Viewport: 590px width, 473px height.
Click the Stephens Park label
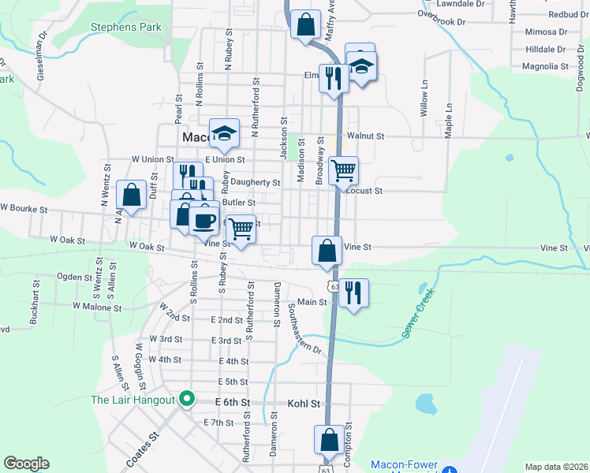click(x=126, y=27)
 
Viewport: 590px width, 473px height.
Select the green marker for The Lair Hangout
click(x=187, y=399)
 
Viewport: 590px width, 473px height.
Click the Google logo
click(x=26, y=464)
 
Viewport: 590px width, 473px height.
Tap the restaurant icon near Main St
click(x=353, y=292)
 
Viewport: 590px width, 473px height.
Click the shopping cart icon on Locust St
click(x=343, y=170)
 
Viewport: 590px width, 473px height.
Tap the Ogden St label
click(x=75, y=277)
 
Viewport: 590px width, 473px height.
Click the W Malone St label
click(x=98, y=305)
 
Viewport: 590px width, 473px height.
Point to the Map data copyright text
click(x=556, y=466)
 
